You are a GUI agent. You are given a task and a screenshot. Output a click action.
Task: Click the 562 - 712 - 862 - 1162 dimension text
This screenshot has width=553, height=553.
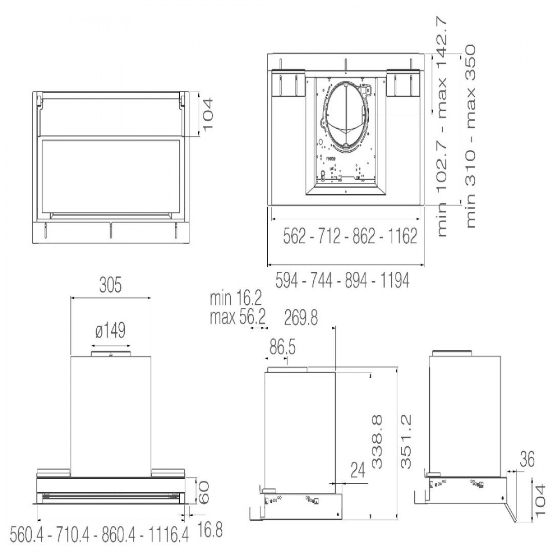click(x=349, y=236)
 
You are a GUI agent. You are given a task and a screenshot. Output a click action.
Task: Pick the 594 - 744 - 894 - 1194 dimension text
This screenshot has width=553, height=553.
click(x=342, y=280)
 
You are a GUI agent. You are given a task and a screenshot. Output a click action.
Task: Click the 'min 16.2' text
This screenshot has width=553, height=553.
click(x=235, y=300)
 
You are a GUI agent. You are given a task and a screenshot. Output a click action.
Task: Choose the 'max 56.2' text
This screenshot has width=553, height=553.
click(x=235, y=318)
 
